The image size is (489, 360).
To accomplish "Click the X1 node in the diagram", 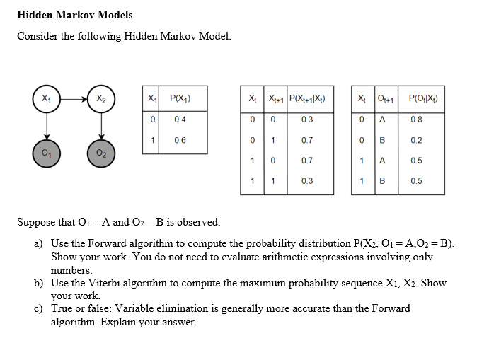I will pos(46,98).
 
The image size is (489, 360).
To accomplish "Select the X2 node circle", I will pos(101,98).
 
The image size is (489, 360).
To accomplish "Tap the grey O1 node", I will pos(46,153).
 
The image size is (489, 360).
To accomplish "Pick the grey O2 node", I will pos(101,153).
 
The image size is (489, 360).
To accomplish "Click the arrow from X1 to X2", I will pos(74,98).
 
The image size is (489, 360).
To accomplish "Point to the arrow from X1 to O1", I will pos(46,125).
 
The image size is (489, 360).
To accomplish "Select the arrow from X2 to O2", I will pos(101,125).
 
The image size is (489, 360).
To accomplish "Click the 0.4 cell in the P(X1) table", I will pos(180,119).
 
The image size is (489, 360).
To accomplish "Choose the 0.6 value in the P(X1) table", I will pos(180,140).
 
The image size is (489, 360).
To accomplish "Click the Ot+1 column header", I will pos(385,98).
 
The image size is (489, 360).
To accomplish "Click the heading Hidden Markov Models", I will pos(74,14).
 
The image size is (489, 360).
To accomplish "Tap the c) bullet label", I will pos(39,308).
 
